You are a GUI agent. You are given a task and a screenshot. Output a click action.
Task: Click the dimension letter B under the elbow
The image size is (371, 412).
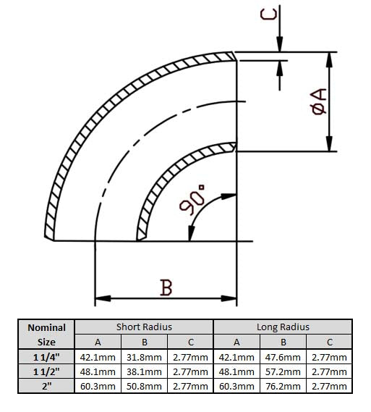coord(166,287)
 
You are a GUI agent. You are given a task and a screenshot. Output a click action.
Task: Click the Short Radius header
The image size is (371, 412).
coord(144,327)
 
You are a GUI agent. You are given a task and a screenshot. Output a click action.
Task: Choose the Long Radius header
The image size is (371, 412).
coord(283,327)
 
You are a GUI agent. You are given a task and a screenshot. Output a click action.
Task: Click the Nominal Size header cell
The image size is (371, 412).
coord(46,335)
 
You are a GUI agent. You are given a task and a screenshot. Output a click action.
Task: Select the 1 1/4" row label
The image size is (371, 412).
coord(46,357)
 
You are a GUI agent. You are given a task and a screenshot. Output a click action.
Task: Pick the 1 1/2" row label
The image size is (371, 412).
coord(46,371)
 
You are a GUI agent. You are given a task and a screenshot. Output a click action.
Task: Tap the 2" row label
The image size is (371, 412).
coord(46,386)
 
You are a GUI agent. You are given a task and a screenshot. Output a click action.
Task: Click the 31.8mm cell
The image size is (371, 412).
coord(144,357)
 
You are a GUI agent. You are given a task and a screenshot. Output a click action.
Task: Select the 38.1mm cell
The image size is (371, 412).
coord(144,371)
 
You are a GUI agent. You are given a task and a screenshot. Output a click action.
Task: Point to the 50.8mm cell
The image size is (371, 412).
coord(144,386)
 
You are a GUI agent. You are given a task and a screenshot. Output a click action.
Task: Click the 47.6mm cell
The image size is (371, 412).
coord(283,357)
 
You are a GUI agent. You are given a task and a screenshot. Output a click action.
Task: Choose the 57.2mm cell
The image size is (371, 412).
coord(283,371)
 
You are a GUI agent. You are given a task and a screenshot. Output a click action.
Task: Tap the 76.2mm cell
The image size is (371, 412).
coord(283,386)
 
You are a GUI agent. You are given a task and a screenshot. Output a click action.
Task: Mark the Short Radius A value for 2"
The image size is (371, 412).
coord(98,386)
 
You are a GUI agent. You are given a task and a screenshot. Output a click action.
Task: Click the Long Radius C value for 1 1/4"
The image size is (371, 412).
coord(329,357)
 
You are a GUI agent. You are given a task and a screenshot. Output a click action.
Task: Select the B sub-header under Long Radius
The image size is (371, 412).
coord(283,342)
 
